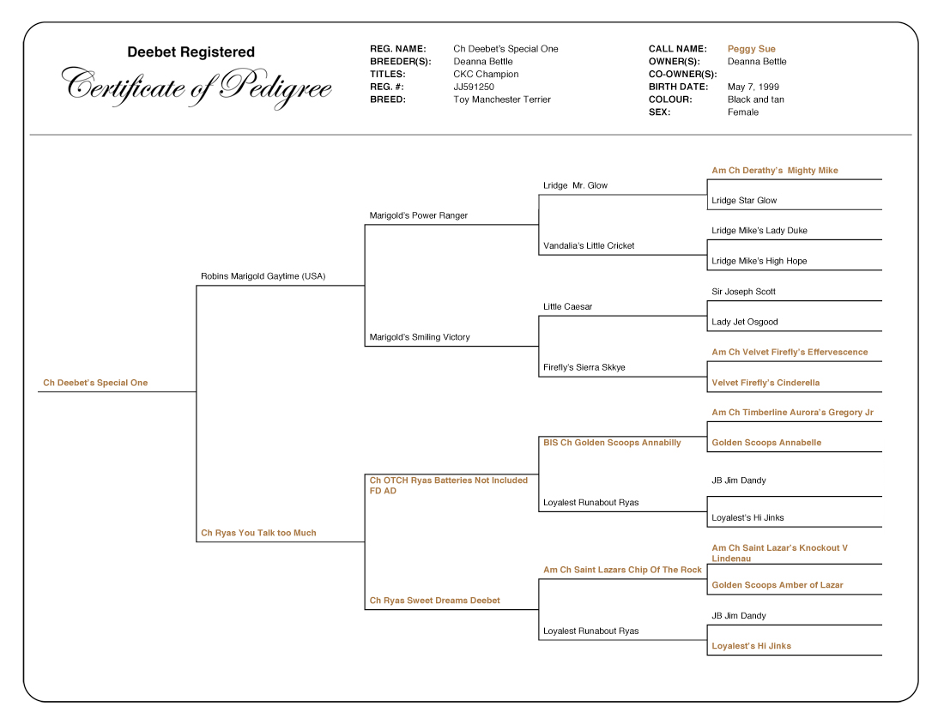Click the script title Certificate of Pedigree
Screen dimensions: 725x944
click(197, 86)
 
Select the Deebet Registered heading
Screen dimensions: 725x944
click(191, 52)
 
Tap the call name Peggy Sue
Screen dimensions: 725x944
click(751, 49)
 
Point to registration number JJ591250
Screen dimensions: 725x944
click(474, 87)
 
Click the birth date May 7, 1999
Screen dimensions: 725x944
click(753, 87)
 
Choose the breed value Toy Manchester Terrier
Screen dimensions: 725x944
click(502, 100)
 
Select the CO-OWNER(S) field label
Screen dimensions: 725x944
click(682, 74)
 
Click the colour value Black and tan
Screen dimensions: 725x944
click(755, 100)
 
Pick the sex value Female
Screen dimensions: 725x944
click(742, 112)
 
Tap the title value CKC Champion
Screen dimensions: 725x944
click(486, 74)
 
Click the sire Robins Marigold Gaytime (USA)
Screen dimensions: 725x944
click(263, 276)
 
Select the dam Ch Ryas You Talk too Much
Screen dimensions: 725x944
click(258, 533)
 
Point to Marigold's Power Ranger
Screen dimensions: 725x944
click(418, 215)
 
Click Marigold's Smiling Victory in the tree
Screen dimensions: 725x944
click(419, 337)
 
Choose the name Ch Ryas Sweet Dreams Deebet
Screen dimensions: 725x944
click(434, 601)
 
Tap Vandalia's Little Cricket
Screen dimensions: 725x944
click(589, 246)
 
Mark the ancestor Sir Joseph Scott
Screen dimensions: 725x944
click(743, 292)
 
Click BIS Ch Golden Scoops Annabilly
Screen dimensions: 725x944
click(612, 443)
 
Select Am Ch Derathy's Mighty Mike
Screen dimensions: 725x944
click(774, 171)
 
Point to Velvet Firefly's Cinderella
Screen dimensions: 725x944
click(765, 383)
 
